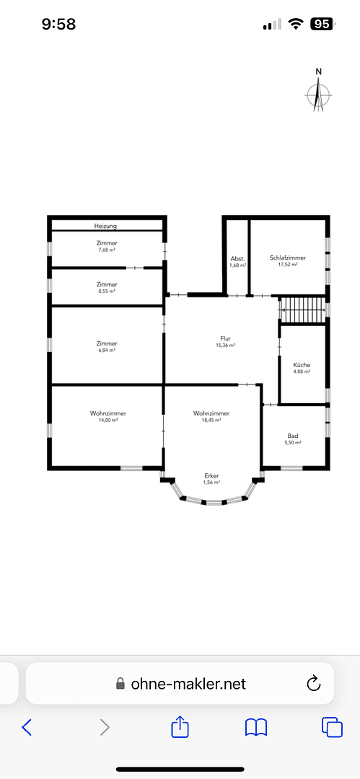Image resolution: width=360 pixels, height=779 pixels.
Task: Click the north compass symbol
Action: [318, 93]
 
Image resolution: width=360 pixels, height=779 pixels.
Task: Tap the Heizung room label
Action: [106, 226]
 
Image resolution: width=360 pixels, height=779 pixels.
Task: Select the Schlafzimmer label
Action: [288, 258]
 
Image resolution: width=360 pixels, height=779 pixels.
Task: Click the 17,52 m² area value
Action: [288, 265]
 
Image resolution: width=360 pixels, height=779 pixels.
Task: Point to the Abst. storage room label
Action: [237, 258]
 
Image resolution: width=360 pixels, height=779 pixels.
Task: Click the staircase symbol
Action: [303, 310]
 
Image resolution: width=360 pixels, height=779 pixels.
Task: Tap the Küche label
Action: [302, 365]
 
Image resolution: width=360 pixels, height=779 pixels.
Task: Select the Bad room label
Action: [292, 436]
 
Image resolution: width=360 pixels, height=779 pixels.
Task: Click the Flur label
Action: [226, 338]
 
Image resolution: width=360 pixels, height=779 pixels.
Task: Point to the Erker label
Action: [211, 475]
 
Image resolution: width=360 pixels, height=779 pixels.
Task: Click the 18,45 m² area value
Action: [211, 421]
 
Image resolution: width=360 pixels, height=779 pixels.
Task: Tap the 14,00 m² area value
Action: [108, 421]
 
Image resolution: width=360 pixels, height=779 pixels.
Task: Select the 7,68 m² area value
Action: [107, 250]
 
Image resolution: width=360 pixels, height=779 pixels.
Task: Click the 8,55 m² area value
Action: [107, 291]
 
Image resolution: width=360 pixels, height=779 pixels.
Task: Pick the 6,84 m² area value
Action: [107, 351]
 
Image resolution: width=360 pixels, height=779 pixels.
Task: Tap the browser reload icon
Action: [314, 683]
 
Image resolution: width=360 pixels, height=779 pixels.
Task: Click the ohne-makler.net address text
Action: [188, 683]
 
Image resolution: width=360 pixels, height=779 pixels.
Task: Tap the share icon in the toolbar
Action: [180, 727]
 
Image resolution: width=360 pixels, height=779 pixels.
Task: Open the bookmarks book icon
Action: [256, 727]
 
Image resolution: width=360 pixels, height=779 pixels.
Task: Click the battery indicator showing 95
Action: [321, 24]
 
